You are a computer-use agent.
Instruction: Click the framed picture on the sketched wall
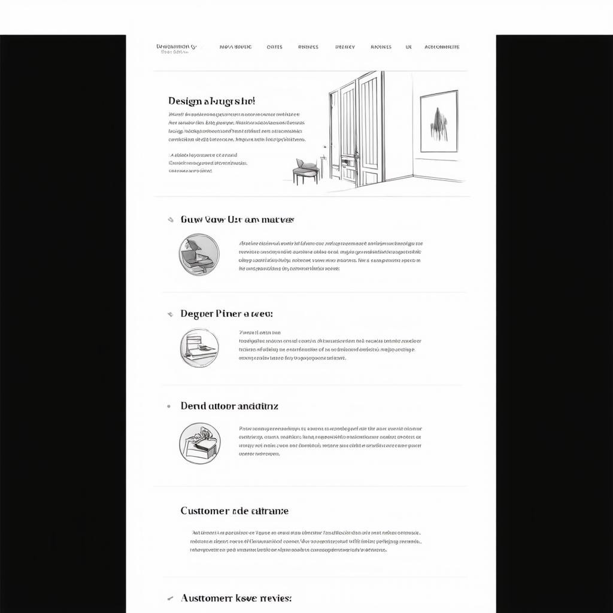coord(439,121)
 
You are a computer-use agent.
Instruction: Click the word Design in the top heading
coord(185,101)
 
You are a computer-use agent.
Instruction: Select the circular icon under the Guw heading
coord(199,254)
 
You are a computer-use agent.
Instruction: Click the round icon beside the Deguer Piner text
coord(199,348)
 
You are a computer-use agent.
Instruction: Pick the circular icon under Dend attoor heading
coord(199,443)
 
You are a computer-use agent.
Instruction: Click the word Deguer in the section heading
coord(196,314)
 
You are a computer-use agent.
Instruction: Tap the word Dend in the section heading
coord(193,406)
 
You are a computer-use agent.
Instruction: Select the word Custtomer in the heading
coord(205,511)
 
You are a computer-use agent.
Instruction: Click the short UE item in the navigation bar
coord(409,47)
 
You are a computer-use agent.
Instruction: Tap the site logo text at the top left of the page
coord(176,48)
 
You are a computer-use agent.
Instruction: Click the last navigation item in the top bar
coord(442,47)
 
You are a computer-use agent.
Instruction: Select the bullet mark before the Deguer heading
coord(170,314)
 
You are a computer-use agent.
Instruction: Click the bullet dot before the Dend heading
coord(169,406)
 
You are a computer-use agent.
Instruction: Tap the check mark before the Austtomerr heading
coord(170,598)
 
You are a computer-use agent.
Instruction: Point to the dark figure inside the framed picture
coord(438,124)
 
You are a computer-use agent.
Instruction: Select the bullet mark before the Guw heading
coord(171,220)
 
